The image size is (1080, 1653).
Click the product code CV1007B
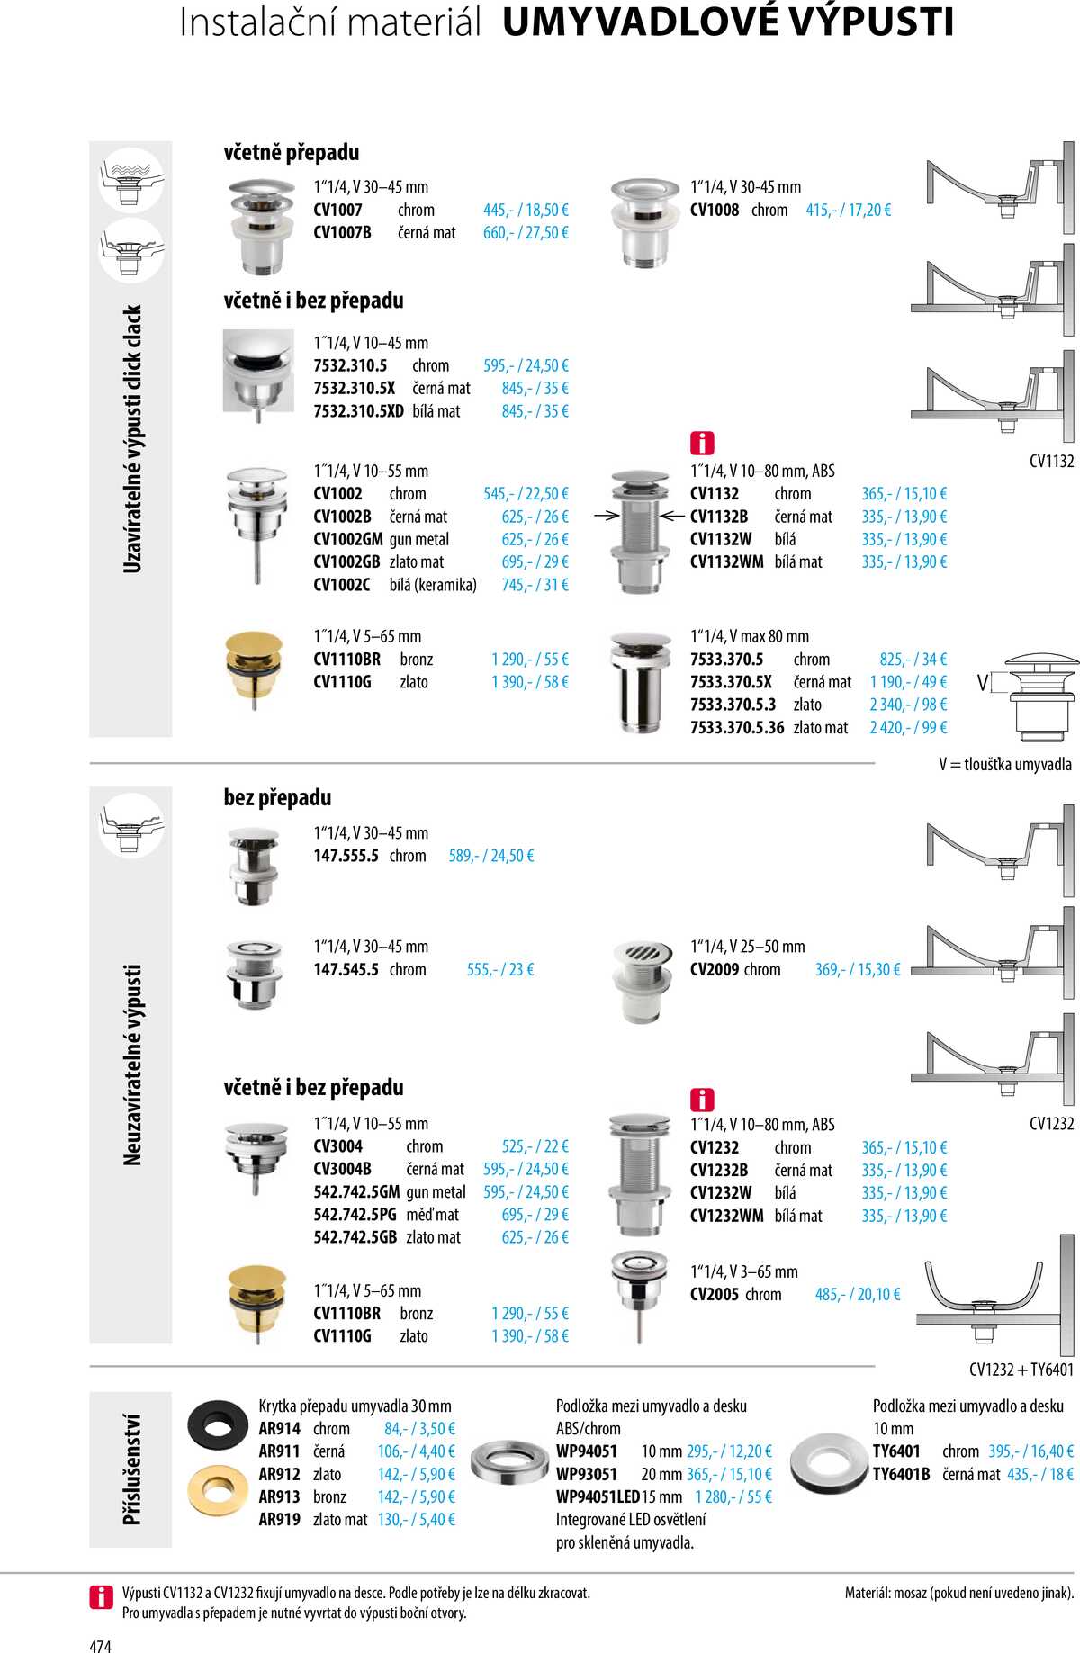(x=342, y=233)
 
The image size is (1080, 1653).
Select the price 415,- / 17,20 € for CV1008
(x=848, y=211)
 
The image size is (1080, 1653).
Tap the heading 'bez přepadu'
(x=277, y=798)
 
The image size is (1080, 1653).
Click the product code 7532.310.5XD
(x=358, y=411)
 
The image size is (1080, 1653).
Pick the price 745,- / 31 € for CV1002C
(x=535, y=585)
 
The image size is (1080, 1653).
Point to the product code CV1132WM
(x=726, y=562)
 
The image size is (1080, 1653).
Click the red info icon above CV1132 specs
(x=702, y=443)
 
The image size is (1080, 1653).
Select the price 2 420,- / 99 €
(x=907, y=728)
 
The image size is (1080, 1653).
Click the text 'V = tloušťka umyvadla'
(x=1004, y=765)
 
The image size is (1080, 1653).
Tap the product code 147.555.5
(x=346, y=856)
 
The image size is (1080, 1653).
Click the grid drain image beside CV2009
(x=643, y=981)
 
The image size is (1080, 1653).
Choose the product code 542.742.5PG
(x=355, y=1215)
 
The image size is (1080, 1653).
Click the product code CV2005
(x=714, y=1295)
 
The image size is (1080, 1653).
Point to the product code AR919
(x=279, y=1520)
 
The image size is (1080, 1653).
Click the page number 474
(x=100, y=1646)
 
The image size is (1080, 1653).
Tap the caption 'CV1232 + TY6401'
(x=1021, y=1370)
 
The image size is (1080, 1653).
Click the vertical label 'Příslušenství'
(x=131, y=1469)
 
